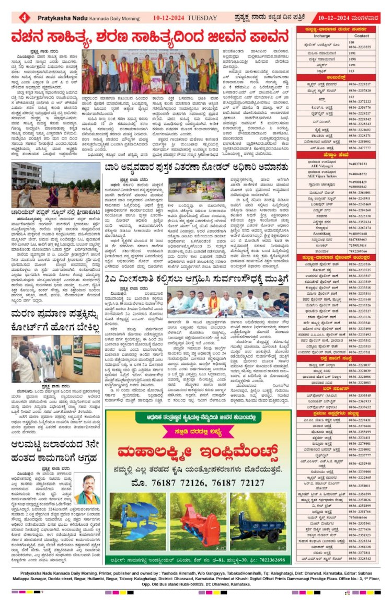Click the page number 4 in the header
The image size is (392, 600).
pyautogui.click(x=25, y=17)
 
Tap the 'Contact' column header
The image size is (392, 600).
pyautogui.click(x=362, y=36)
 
